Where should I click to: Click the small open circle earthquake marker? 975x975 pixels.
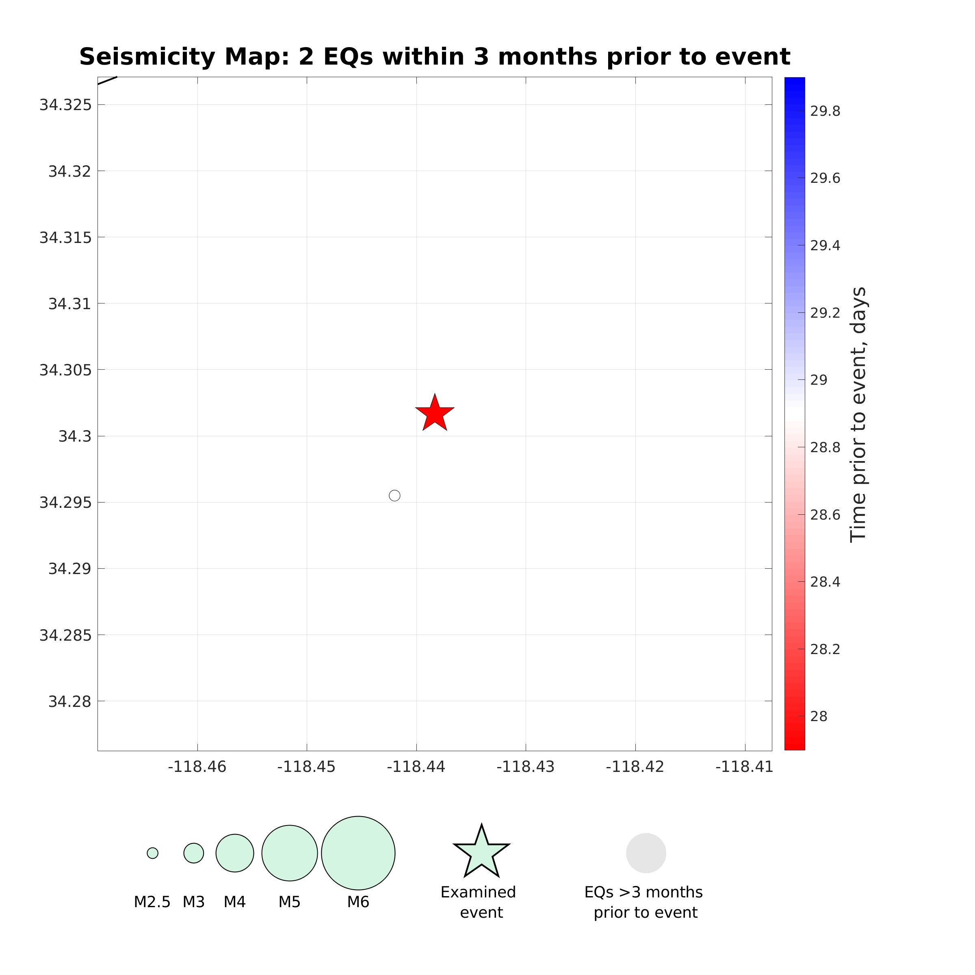[394, 496]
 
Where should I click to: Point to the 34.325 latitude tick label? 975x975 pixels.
[65, 105]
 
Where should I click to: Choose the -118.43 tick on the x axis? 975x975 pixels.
[525, 767]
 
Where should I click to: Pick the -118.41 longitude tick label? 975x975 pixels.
[744, 767]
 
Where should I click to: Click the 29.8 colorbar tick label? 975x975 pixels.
[825, 111]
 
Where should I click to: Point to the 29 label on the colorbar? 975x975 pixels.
[819, 380]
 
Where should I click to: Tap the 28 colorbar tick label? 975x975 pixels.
[819, 716]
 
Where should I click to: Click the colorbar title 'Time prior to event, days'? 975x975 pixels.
[858, 414]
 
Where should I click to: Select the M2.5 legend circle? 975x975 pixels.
[152, 853]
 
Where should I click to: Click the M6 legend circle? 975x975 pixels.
[358, 853]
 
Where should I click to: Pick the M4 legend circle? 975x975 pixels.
[235, 853]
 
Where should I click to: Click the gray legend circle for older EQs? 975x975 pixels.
[646, 853]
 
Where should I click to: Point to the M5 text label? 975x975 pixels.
[289, 902]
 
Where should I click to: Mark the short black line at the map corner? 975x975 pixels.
[107, 81]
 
